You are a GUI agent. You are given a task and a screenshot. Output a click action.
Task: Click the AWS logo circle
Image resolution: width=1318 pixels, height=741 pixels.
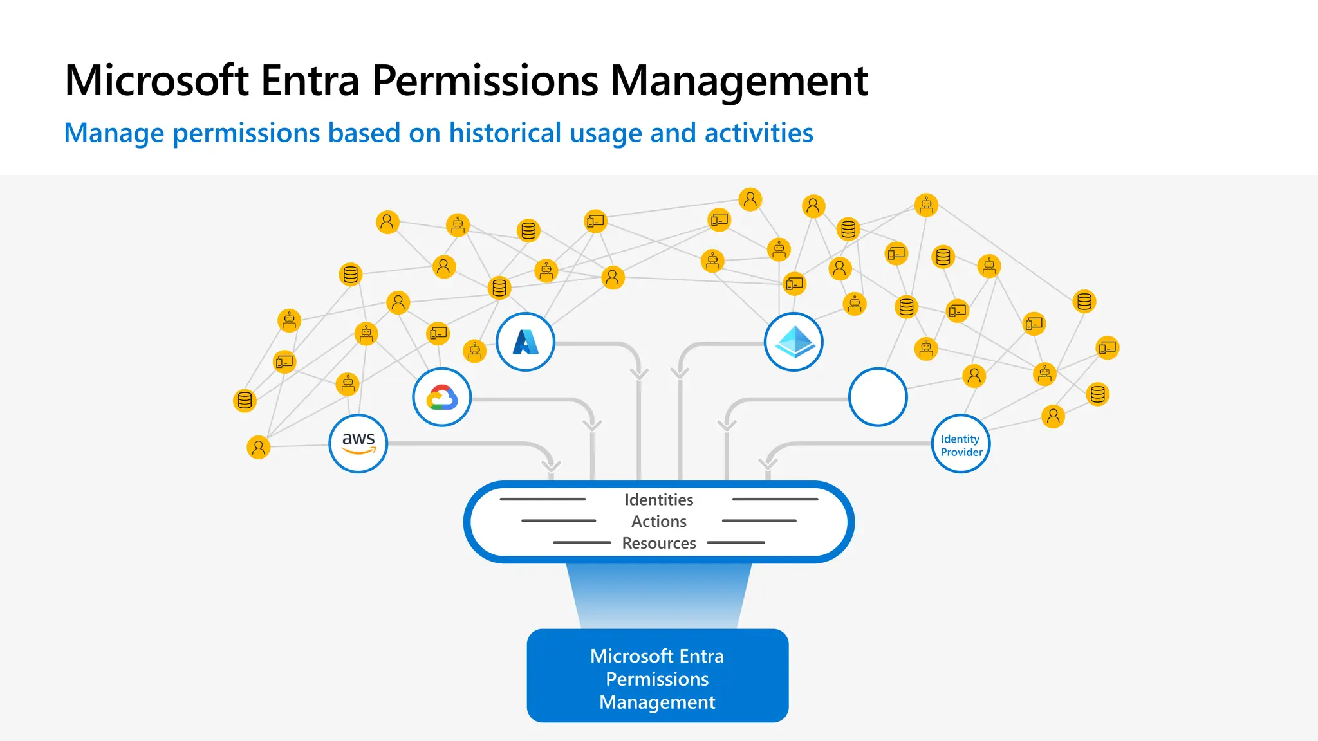coord(358,443)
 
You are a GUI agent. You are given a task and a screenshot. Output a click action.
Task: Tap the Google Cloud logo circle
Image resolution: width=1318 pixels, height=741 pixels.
coord(441,397)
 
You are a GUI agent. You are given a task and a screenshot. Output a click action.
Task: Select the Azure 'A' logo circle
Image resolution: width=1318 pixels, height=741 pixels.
coord(525,342)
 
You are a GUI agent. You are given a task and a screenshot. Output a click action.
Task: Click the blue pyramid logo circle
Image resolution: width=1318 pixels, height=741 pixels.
coord(794,342)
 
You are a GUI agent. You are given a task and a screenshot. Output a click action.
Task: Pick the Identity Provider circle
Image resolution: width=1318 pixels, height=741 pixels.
coord(961,444)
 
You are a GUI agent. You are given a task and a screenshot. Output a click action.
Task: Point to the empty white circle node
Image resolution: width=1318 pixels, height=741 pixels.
coord(878,397)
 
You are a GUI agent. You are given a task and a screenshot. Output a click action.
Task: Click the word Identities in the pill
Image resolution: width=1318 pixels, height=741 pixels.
coord(658,500)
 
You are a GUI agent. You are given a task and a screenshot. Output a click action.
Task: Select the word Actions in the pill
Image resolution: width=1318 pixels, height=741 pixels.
coord(658,521)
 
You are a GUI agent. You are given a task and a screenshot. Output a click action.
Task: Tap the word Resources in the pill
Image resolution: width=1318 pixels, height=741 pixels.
coord(658,543)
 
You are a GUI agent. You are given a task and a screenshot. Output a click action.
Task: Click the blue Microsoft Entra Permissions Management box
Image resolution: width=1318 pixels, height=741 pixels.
coord(657,676)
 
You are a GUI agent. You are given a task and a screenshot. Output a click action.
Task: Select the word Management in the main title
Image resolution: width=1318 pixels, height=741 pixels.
coord(739,81)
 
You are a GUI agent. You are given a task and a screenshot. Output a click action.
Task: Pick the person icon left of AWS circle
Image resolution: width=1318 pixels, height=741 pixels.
coord(258,447)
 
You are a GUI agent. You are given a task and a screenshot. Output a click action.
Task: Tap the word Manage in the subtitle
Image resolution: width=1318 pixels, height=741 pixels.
coord(114,133)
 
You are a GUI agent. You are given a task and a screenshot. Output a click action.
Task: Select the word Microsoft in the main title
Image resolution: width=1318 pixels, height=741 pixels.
coord(156,81)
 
